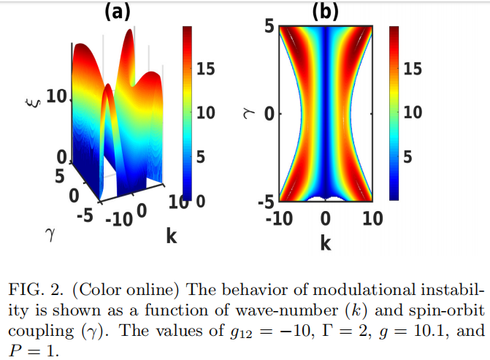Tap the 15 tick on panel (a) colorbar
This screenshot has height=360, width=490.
206,69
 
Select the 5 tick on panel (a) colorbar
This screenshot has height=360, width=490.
202,157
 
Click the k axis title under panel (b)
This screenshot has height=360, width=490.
326,242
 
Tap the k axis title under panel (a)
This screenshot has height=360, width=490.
172,236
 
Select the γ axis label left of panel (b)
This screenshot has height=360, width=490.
246,114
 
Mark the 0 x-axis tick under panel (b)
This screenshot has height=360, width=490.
326,218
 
